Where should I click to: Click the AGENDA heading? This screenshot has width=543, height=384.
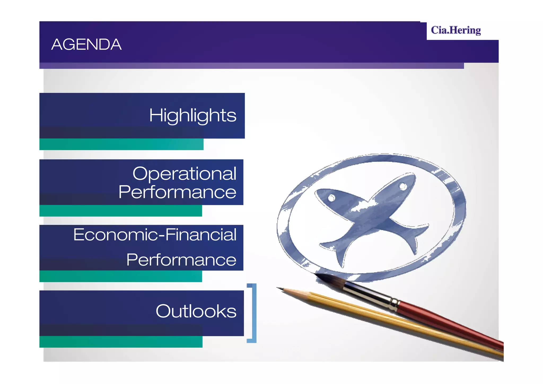[x=86, y=44]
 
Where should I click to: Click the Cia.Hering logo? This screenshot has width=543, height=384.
[x=456, y=31]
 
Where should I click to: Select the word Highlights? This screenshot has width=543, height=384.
[x=192, y=116]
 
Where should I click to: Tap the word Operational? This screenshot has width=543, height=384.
[x=184, y=174]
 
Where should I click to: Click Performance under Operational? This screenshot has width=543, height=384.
[x=177, y=192]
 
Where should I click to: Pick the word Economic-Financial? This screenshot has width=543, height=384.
[x=155, y=235]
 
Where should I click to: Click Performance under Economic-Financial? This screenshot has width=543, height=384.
[x=181, y=260]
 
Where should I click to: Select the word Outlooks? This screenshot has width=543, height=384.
[x=196, y=311]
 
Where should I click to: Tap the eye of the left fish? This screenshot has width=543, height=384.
[x=331, y=198]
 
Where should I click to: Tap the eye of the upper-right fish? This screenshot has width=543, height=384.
[x=403, y=186]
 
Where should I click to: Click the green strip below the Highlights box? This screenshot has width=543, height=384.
[x=121, y=144]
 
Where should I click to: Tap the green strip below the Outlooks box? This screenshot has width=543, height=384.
[x=121, y=342]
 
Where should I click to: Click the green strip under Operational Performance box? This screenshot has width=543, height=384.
[x=121, y=211]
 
